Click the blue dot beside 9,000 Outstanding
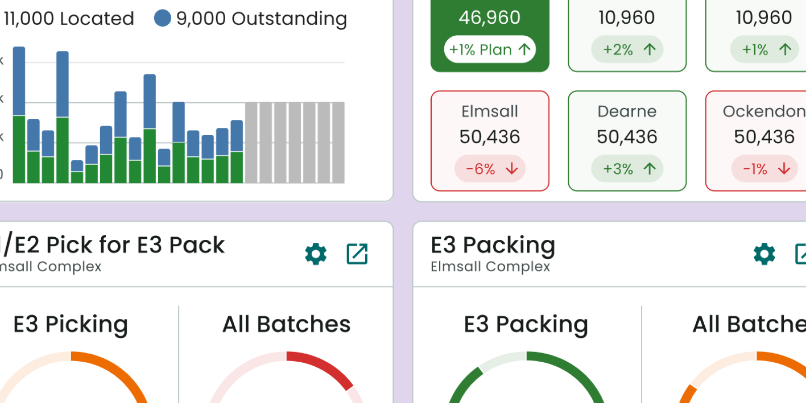point(162,18)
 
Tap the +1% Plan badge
point(490,49)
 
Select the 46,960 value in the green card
point(490,18)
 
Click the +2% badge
point(627,49)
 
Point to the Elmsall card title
point(490,111)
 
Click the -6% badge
point(490,169)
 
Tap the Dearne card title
point(627,111)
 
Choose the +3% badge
point(627,169)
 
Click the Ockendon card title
point(764,111)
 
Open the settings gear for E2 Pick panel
point(316,254)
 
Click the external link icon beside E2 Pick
point(357,254)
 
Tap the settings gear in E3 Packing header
point(764,254)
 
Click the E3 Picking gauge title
point(71,324)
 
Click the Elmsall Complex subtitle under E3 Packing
point(490,266)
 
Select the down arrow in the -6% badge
point(512,169)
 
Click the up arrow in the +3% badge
point(649,169)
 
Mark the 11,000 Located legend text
point(69,19)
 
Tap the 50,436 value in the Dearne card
point(627,137)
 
